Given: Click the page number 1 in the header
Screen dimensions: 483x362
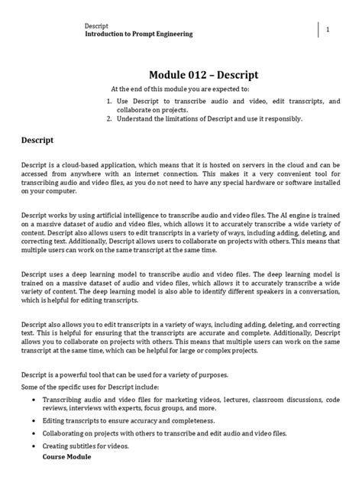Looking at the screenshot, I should [x=327, y=29].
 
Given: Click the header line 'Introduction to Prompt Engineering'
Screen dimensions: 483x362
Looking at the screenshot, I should [x=138, y=34].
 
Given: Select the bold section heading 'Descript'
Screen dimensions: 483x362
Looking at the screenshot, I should [x=36, y=141].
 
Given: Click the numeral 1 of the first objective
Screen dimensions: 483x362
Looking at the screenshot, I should [x=109, y=100].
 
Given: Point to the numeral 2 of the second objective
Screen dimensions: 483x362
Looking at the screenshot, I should [x=109, y=118].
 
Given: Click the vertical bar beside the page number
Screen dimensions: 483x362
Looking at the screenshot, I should [x=318, y=29].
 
